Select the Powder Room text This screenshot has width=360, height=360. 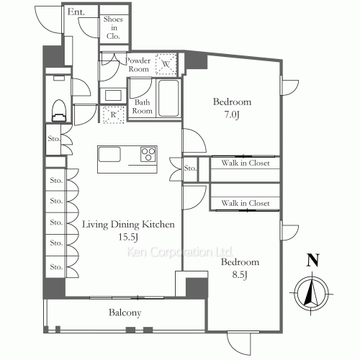[x=138, y=65]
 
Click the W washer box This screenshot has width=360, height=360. [x=166, y=64]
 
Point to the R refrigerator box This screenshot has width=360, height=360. [x=113, y=114]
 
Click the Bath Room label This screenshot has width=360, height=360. [x=142, y=107]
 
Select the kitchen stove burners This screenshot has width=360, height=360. [x=149, y=153]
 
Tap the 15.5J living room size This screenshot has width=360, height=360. [x=128, y=238]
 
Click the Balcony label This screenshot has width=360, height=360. [x=125, y=313]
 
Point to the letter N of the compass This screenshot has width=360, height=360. [x=312, y=261]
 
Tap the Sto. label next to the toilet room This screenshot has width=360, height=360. [x=53, y=138]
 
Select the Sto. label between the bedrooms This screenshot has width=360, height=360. [x=190, y=168]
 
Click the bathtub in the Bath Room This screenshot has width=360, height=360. [x=167, y=97]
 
